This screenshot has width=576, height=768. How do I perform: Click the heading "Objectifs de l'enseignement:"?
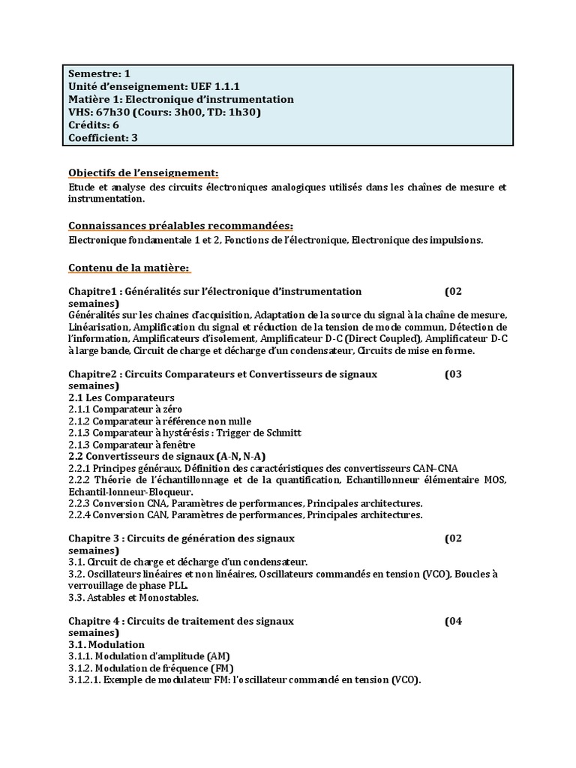[143, 172]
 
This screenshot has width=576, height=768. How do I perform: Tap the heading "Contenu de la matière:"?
[129, 268]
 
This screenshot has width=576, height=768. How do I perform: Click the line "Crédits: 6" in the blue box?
[94, 124]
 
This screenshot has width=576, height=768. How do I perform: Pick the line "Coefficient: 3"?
[103, 137]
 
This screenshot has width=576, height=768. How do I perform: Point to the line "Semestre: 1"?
[99, 73]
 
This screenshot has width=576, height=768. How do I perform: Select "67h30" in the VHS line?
[111, 112]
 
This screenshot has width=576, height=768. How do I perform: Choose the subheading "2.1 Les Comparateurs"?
[121, 397]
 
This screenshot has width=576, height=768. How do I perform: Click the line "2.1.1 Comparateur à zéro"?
[125, 409]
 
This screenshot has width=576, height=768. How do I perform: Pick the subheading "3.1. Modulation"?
[106, 644]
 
